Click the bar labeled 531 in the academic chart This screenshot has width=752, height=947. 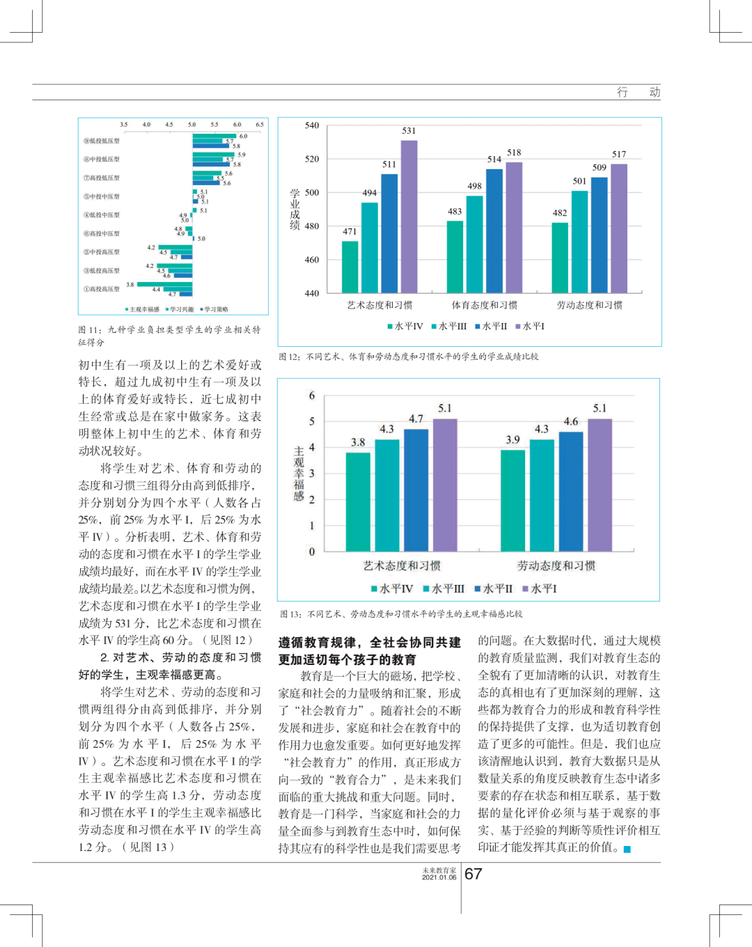[409, 216]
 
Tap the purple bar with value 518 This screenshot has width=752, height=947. [514, 227]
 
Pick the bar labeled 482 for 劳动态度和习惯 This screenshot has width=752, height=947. [560, 257]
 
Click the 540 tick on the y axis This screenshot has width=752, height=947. [311, 125]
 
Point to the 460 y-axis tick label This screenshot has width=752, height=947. [311, 260]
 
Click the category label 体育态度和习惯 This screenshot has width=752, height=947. [484, 305]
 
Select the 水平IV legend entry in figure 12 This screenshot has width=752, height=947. [405, 326]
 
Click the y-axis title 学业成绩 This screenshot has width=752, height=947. [295, 209]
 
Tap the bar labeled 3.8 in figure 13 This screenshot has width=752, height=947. [358, 501]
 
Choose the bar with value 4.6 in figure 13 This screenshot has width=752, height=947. [571, 491]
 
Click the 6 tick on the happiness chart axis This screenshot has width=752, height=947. [311, 396]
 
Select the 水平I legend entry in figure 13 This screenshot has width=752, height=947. [540, 588]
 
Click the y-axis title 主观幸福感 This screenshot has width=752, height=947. [299, 473]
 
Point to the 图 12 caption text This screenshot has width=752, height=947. [408, 357]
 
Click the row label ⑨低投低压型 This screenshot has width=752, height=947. [102, 141]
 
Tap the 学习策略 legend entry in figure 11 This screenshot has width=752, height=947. [214, 309]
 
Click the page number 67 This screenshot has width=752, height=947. [473, 874]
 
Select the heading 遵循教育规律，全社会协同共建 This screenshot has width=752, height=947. [369, 642]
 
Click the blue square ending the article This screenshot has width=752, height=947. [627, 849]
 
